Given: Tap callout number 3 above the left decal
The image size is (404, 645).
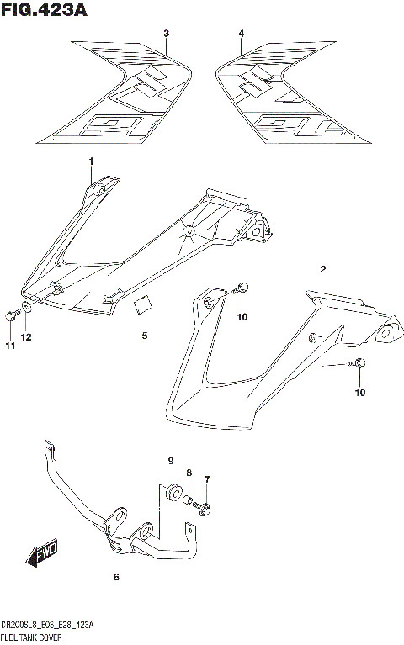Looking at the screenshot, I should point(166,34).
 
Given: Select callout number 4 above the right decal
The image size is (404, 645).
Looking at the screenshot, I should point(241,34).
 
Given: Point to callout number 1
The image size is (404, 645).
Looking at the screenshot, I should point(91,161).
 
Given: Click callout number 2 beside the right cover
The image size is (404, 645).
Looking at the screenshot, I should point(322,269).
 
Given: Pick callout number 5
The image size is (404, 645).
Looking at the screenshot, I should point(144,336).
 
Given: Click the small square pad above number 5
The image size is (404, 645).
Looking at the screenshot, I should point(142,304).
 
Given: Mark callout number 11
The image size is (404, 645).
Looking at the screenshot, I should point(10,346).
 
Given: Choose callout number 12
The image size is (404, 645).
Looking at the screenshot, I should point(27,337).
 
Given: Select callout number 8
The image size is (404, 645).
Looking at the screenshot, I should point(189,473).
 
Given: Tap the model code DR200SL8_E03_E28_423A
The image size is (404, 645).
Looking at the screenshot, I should point(48,626).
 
